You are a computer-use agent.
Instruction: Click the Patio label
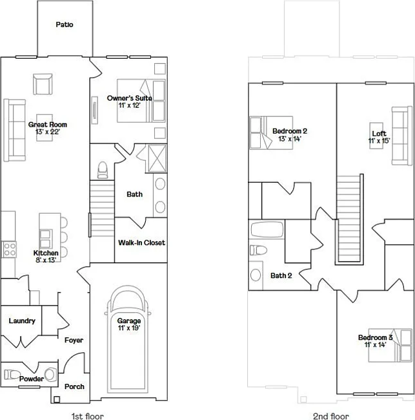[x=65, y=25]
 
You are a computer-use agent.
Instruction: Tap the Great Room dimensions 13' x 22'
[x=47, y=132]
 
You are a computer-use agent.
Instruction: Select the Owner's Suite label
[x=130, y=98]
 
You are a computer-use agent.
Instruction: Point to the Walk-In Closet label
[x=141, y=243]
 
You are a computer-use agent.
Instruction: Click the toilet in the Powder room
[x=13, y=373]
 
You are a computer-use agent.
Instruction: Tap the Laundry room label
[x=21, y=321]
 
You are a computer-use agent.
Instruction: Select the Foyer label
[x=74, y=340]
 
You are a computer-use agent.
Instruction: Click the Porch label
[x=74, y=386]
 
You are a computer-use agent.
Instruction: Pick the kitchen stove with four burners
[x=9, y=249]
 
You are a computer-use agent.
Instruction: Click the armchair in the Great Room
[x=43, y=84]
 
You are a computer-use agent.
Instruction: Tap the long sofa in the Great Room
[x=14, y=130]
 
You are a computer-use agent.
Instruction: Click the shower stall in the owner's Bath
[x=157, y=157]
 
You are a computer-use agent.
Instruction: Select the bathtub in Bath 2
[x=267, y=230]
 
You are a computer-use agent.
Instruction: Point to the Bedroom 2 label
[x=289, y=131]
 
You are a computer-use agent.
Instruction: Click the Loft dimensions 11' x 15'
[x=379, y=141]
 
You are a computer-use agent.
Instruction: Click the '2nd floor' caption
[x=330, y=416]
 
